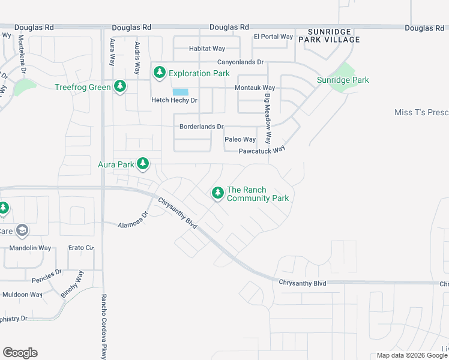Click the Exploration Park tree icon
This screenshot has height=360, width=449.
click(x=159, y=73)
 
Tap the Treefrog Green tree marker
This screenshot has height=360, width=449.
click(x=120, y=86)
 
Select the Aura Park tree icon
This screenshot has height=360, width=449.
click(x=143, y=163)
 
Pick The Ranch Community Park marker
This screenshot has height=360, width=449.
click(x=217, y=193)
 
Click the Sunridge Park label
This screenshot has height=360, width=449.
click(x=343, y=80)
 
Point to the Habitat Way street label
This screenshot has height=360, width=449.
click(x=206, y=49)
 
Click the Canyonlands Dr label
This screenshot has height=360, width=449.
click(x=240, y=62)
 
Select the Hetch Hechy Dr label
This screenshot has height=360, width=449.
click(x=174, y=100)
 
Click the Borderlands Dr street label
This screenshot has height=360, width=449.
click(x=201, y=127)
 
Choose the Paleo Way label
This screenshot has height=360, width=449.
click(x=240, y=139)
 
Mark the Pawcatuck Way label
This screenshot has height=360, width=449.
click(x=261, y=151)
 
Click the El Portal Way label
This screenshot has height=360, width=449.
click(x=273, y=37)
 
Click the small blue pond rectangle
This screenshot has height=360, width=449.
click(x=180, y=92)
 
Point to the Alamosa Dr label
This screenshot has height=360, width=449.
click(x=133, y=220)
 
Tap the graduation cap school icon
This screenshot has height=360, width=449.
click(x=22, y=230)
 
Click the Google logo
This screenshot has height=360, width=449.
click(x=20, y=353)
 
